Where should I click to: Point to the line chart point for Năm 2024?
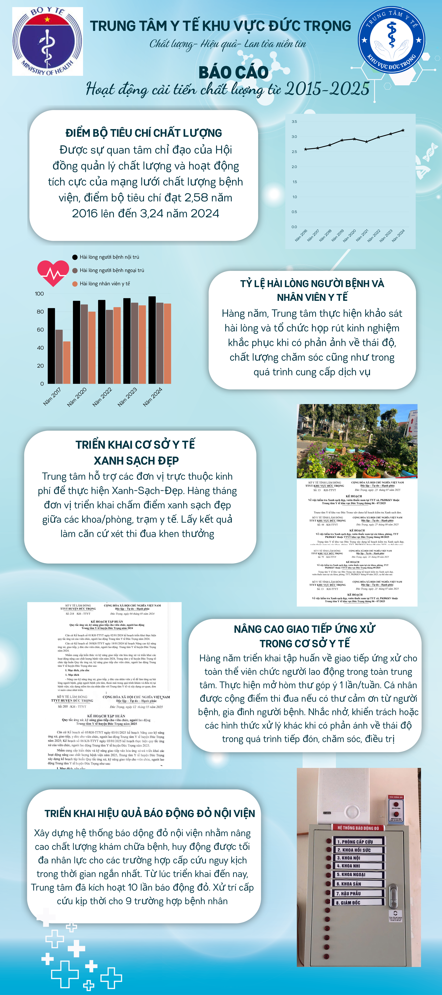pyautogui.click(x=403, y=130)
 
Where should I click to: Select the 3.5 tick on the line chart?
pyautogui.click(x=294, y=122)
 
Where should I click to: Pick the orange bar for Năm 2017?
pyautogui.click(x=67, y=362)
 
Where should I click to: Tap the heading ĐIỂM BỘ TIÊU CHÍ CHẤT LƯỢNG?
pyautogui.click(x=144, y=133)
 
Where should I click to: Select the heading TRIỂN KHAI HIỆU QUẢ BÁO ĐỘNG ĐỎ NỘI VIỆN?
pyautogui.click(x=150, y=813)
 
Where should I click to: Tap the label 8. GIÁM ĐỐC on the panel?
pyautogui.click(x=348, y=903)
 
